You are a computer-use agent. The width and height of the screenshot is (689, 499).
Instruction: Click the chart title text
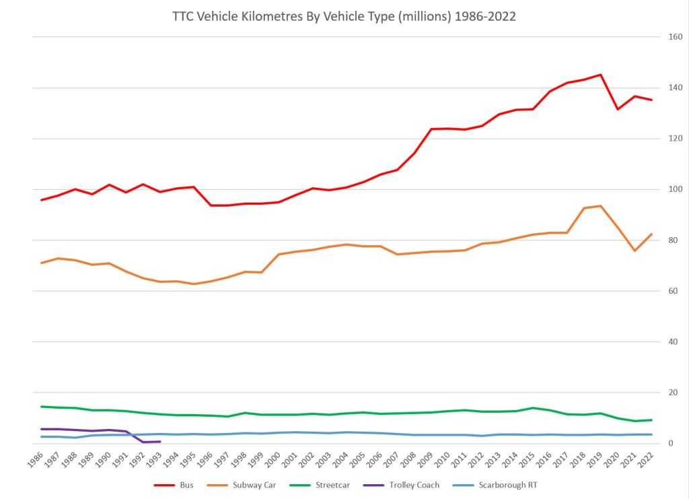coord(344,17)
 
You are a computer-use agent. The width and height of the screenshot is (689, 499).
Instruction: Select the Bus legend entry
coord(179,485)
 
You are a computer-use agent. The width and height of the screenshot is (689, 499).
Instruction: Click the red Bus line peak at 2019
coord(600,75)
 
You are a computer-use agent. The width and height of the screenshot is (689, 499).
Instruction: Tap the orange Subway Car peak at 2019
coord(600,206)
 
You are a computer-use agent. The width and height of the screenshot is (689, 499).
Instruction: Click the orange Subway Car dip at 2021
coord(634,251)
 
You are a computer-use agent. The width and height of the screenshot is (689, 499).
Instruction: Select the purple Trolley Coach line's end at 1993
coord(159,442)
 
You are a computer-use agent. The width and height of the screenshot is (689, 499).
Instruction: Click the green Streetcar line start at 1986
coord(42,407)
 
